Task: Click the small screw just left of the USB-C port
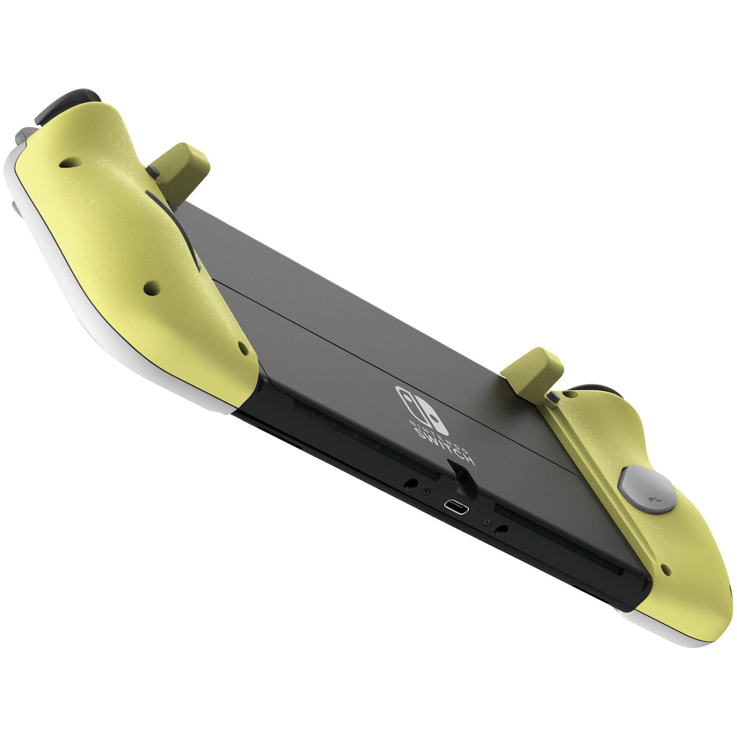(426, 491)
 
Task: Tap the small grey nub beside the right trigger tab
(553, 398)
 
